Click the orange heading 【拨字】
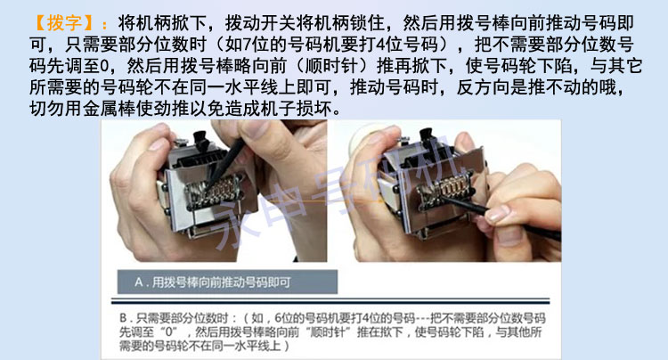64,23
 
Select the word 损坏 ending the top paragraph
314,109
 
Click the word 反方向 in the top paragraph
483,87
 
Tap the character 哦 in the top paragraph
607,87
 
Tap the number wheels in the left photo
216,192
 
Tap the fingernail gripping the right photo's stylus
498,213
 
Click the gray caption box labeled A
227,282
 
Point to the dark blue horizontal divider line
330,301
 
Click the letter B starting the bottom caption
124,318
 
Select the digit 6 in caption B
278,318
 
